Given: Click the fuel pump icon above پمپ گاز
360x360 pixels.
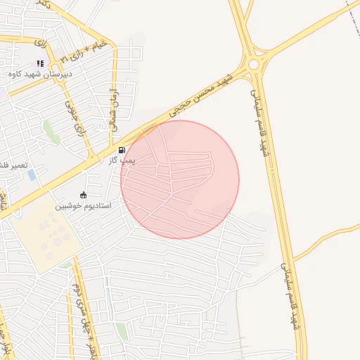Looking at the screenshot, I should (x=122, y=150).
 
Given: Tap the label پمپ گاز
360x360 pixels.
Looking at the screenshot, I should (x=121, y=160).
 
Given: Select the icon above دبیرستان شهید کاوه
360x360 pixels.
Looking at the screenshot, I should (x=40, y=64).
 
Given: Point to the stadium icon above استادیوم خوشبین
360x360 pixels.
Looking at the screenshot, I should (x=84, y=195).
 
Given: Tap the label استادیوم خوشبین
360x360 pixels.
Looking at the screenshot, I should (x=84, y=206).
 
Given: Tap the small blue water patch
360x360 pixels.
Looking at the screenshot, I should (x=31, y=174).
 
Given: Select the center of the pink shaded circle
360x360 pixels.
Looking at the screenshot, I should (x=180, y=179).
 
